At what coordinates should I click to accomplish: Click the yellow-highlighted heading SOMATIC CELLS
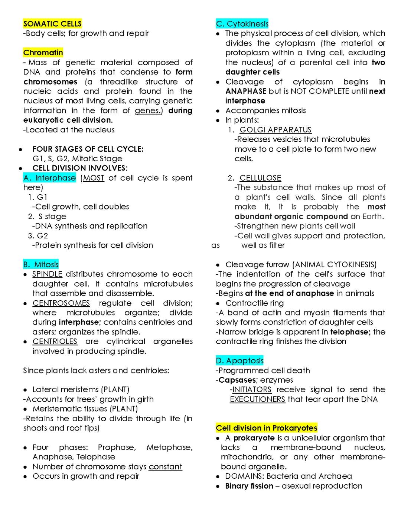click(52, 24)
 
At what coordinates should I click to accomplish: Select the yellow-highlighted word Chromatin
click(43, 53)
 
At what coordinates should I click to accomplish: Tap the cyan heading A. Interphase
click(49, 178)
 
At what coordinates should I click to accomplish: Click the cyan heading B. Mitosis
click(41, 265)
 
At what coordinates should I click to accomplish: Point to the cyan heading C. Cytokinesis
click(242, 24)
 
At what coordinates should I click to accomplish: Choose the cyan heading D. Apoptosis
click(240, 361)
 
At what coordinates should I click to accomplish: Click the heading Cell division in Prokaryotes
click(267, 428)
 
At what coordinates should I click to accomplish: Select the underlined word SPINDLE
click(47, 274)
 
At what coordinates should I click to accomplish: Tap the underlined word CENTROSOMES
click(61, 303)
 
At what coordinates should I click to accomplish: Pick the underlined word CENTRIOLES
click(55, 342)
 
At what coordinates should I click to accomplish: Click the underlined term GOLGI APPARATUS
click(276, 130)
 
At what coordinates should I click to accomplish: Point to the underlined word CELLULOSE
click(260, 178)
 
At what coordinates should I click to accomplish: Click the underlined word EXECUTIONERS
click(258, 399)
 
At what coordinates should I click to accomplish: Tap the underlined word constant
click(165, 467)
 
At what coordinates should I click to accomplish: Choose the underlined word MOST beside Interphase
click(94, 178)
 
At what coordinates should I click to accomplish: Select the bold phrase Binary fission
click(249, 486)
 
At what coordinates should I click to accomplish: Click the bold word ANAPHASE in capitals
click(246, 91)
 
